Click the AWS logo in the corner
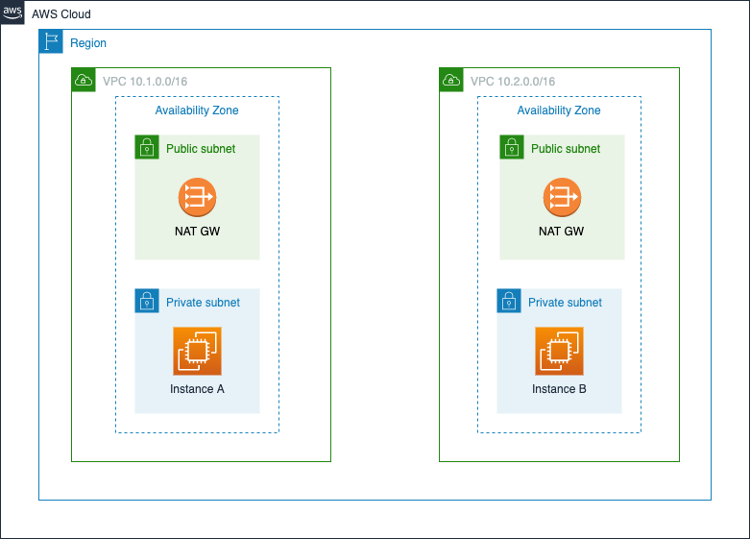pos(12,12)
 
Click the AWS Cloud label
pos(61,14)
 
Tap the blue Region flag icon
pos(51,41)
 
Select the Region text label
pos(88,43)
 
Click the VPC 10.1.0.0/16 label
pos(145,82)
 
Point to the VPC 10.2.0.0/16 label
pos(513,82)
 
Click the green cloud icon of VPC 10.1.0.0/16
pos(84,80)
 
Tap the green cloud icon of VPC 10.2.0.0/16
pos(451,80)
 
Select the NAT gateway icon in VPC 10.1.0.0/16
pos(197,197)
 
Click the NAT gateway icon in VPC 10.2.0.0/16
pos(562,197)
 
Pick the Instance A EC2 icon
pos(197,351)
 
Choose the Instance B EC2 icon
pos(559,351)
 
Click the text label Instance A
pos(197,389)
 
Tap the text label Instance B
pos(559,389)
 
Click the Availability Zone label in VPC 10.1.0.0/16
pos(197,110)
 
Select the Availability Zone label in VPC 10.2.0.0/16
pos(559,110)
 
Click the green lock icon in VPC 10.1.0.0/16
pos(147,147)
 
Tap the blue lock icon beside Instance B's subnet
pos(509,301)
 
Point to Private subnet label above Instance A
pos(203,303)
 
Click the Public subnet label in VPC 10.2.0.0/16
pos(566,149)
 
